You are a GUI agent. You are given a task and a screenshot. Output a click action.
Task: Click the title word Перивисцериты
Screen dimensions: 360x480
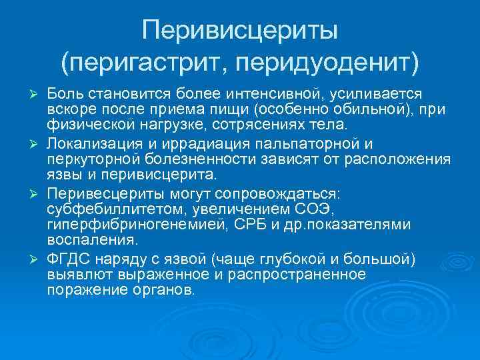tap(240, 31)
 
